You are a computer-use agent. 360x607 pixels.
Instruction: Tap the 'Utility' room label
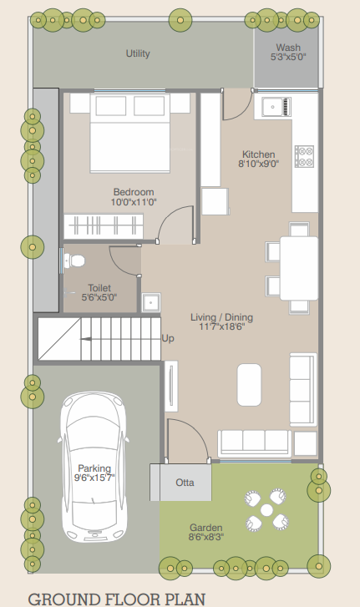138,53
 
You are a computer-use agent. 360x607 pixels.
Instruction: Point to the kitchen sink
276,107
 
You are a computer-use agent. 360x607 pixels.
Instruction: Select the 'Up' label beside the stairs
167,339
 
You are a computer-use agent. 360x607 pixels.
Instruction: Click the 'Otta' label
185,483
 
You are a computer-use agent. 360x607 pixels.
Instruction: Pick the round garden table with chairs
266,509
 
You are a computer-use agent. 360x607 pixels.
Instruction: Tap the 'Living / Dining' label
221,317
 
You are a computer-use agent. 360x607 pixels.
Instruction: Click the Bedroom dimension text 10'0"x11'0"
134,202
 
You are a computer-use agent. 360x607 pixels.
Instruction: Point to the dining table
299,267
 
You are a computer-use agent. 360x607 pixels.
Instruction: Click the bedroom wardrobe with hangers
102,225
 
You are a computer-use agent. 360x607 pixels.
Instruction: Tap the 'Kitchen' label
259,154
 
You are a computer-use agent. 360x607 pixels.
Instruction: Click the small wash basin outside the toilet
150,301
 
